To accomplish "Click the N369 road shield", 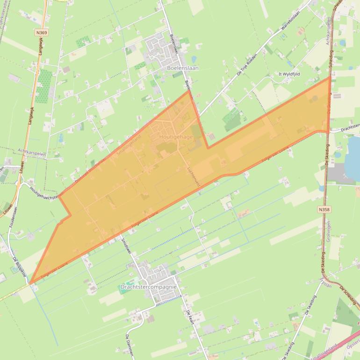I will (x=41, y=33).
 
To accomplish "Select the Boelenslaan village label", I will (x=182, y=68).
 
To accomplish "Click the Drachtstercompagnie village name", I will (x=148, y=287).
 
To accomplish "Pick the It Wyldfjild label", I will (x=289, y=74).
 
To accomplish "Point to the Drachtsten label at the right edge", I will (x=350, y=126).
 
